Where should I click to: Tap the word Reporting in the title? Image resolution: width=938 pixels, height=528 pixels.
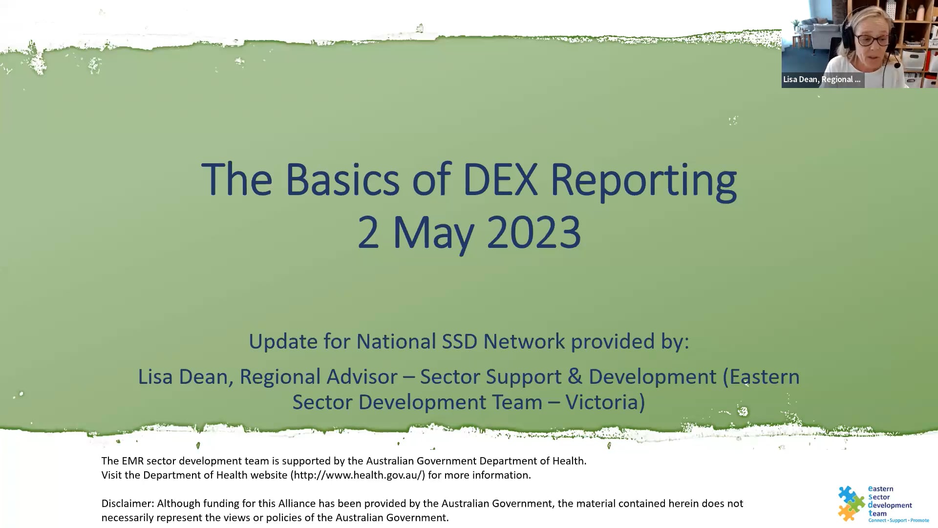pos(643,180)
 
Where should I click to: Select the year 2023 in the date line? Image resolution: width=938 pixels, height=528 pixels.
pos(533,233)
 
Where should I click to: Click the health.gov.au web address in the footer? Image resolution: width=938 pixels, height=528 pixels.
pos(358,475)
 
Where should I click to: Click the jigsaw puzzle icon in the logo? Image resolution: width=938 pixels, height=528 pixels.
pos(851,503)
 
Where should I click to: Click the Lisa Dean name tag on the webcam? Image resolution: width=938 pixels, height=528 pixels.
pos(822,80)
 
